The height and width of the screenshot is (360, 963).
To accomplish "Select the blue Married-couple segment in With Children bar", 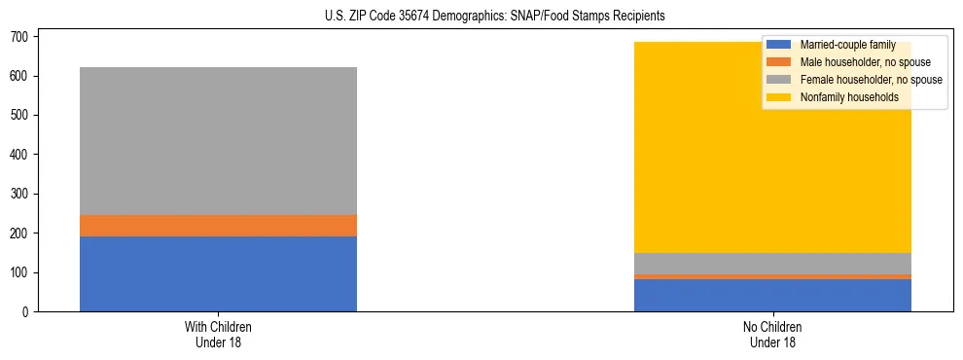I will (x=218, y=273).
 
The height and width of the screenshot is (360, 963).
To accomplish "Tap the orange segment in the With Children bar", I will (x=218, y=226).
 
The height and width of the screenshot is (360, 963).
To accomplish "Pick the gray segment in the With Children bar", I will (x=218, y=141).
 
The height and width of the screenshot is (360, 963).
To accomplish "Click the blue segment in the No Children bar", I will (x=772, y=295).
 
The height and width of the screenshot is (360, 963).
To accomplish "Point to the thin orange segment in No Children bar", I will (x=772, y=276).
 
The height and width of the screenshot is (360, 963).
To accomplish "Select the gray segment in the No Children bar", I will (x=772, y=264).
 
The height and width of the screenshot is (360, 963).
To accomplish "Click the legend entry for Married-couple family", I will (x=847, y=45).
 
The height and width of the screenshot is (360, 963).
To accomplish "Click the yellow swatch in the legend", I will (x=779, y=97).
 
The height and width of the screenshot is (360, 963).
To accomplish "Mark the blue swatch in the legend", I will (x=779, y=45).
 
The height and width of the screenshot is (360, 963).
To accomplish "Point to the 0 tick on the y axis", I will (x=28, y=312).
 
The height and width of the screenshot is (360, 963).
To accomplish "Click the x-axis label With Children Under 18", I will (x=218, y=335).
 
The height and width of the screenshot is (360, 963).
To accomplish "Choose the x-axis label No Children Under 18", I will (x=772, y=335).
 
